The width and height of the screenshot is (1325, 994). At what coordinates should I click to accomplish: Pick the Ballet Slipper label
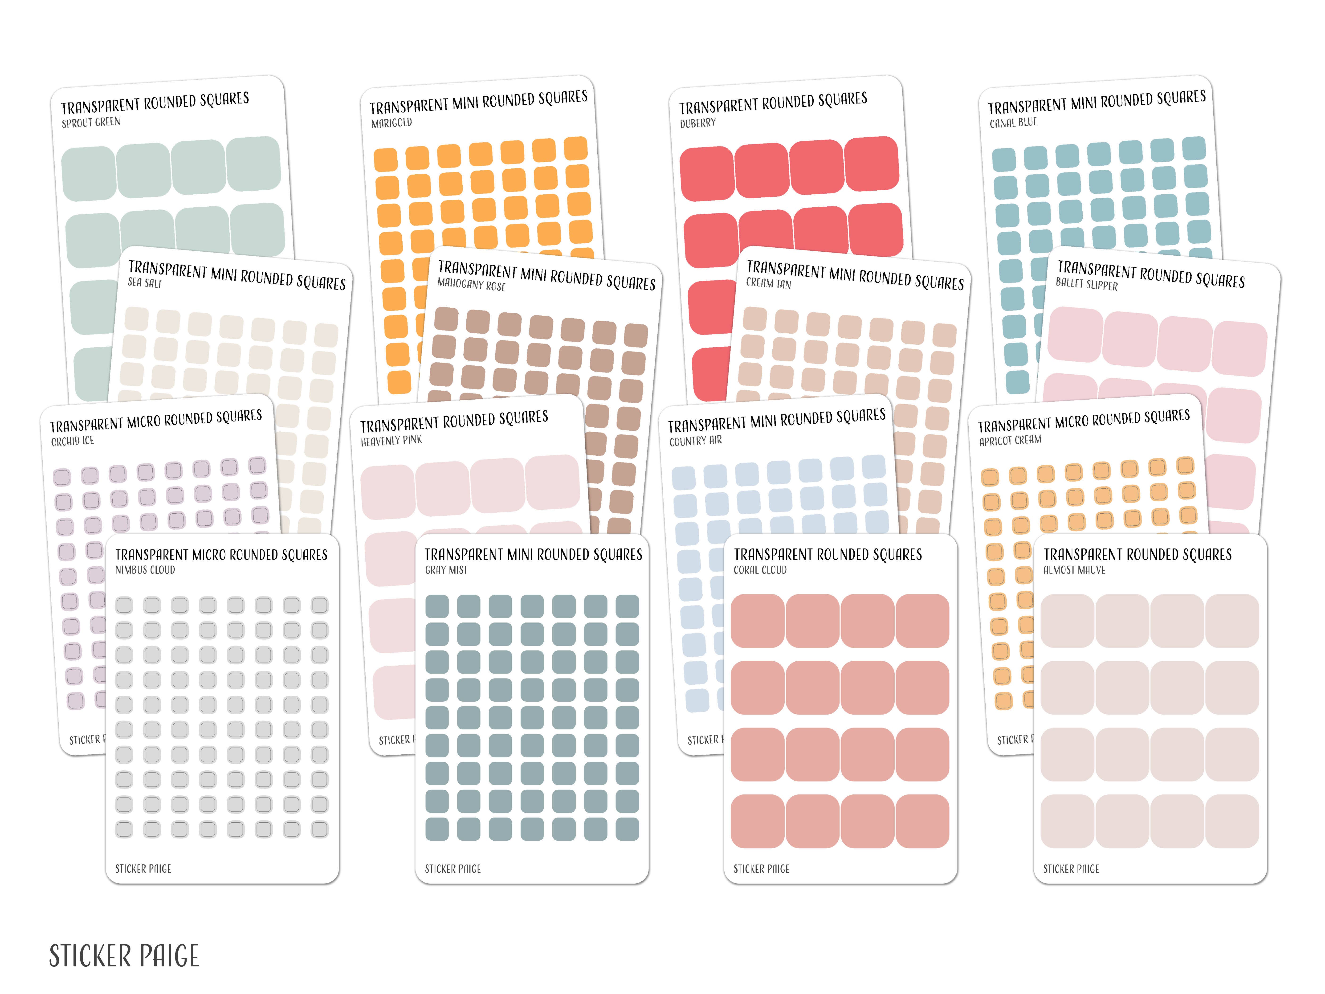(x=1087, y=284)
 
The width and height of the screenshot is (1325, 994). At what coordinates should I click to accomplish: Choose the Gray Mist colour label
(x=446, y=570)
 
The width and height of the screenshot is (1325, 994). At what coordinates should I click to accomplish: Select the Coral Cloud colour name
(x=760, y=570)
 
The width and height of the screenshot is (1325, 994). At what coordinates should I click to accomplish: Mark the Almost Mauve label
(x=1074, y=570)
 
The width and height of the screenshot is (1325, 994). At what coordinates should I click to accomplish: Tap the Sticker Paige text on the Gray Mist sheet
(x=453, y=869)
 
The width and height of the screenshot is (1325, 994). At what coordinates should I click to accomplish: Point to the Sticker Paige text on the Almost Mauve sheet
(x=1071, y=869)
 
